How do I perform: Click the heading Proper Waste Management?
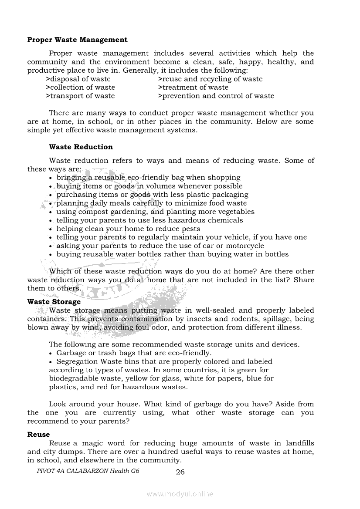(x=77, y=40)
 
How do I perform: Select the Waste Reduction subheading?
(x=81, y=147)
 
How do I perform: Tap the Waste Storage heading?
(x=54, y=301)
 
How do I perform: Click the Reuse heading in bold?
(x=38, y=434)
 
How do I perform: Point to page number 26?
(x=180, y=472)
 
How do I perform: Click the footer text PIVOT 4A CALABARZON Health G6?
(x=88, y=471)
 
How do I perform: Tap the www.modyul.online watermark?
(x=180, y=494)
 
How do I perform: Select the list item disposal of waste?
(x=78, y=79)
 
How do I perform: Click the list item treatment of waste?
(x=193, y=87)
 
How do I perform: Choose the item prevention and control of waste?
(x=216, y=96)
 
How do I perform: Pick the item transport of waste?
(x=80, y=96)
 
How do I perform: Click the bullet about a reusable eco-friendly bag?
(x=148, y=177)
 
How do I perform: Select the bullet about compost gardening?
(x=155, y=212)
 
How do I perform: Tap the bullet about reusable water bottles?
(x=172, y=254)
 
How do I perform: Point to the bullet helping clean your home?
(x=128, y=229)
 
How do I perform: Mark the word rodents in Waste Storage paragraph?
(x=225, y=319)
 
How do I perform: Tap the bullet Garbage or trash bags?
(x=134, y=353)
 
